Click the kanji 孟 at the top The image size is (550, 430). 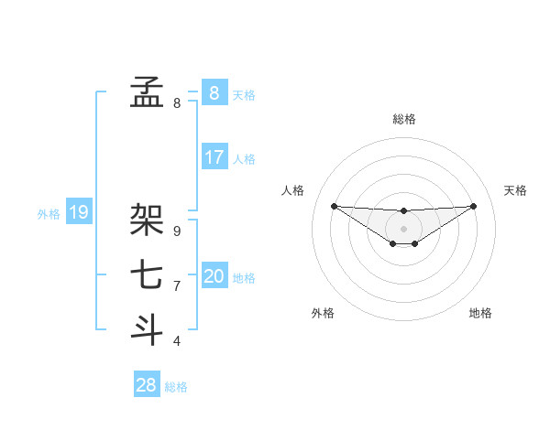147,91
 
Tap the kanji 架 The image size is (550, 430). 147,220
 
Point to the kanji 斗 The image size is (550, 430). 147,329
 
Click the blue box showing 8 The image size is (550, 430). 214,92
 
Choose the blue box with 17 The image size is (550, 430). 214,157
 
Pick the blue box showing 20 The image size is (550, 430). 214,276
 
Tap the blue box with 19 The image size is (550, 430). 79,213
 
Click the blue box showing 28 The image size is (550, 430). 146,385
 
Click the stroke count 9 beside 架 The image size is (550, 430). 177,231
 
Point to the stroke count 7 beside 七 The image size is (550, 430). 177,286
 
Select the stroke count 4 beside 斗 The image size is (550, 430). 177,341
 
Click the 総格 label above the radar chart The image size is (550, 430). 404,119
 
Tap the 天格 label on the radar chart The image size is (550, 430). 515,190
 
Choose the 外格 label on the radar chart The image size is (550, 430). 323,313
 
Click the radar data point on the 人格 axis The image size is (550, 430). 334,206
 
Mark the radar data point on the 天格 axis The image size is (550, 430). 474,206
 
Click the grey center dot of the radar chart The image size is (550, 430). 404,228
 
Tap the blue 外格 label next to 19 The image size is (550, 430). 49,214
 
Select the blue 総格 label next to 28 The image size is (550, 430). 176,387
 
